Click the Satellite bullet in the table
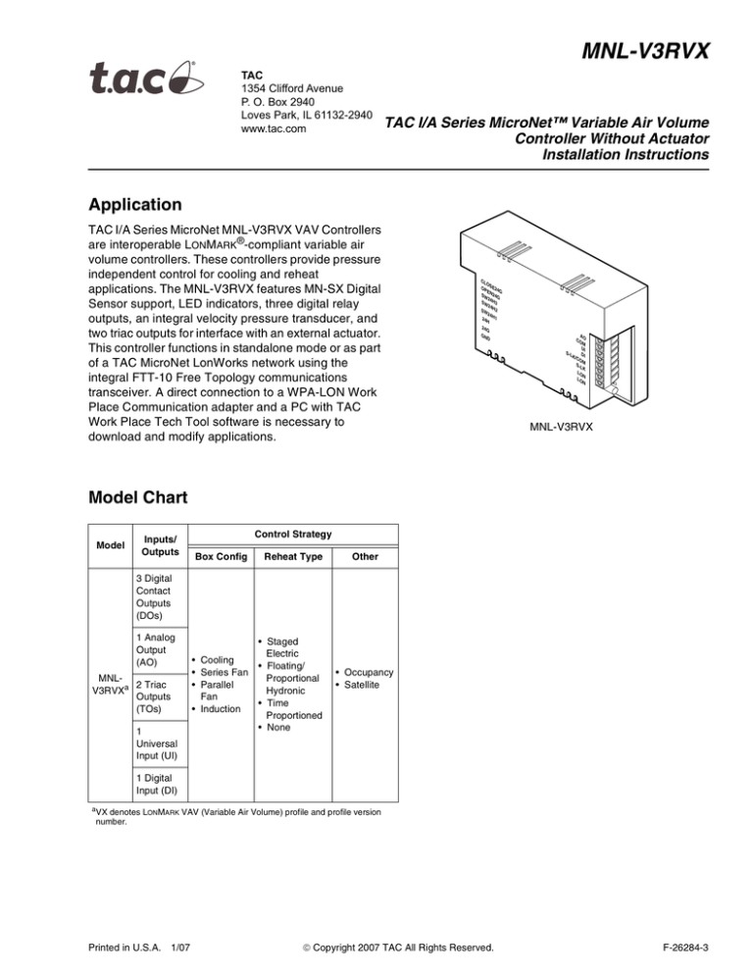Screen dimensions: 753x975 click(367, 685)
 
